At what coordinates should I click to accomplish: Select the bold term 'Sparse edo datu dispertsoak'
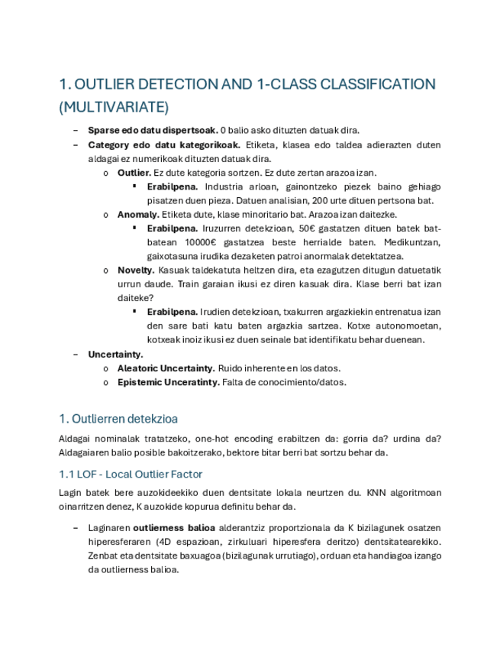[x=153, y=131]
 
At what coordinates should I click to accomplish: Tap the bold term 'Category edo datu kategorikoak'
[x=164, y=144]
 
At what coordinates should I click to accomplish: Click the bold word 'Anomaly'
[x=138, y=215]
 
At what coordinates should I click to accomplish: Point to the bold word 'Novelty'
[x=136, y=270]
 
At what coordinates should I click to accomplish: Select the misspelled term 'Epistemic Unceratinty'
[x=168, y=382]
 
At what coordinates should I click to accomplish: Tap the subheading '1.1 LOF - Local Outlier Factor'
[x=131, y=475]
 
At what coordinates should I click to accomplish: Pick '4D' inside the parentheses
[x=163, y=541]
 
